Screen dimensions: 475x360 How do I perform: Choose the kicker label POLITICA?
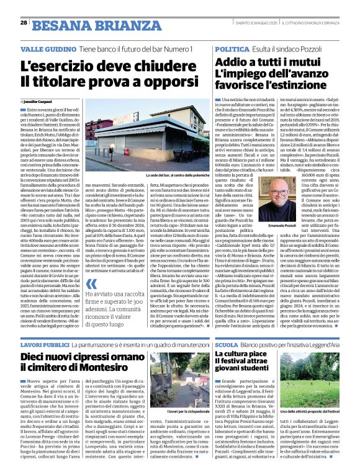coord(232,48)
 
